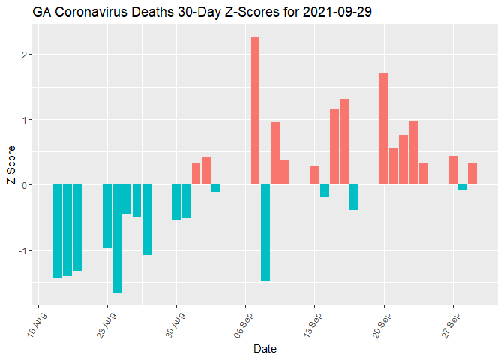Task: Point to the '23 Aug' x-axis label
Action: click(x=106, y=325)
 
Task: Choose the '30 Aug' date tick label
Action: click(x=175, y=325)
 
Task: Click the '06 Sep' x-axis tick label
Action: click(x=244, y=325)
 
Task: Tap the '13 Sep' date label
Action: click(x=313, y=325)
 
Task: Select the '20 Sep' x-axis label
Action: click(x=382, y=325)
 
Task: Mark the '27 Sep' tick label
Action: click(x=451, y=325)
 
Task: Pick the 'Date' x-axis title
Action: click(x=265, y=349)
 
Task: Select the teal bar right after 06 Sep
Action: click(x=265, y=232)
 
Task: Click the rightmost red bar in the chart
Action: click(x=472, y=173)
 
